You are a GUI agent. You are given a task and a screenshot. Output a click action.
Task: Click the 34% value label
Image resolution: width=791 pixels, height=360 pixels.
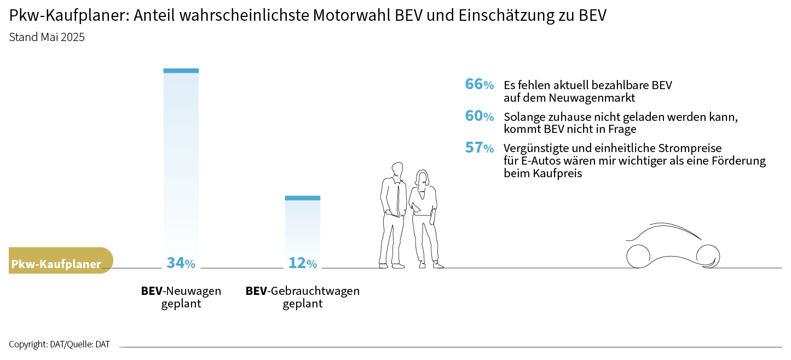[181, 263]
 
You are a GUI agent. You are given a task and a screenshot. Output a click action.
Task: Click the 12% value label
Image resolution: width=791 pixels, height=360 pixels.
[303, 263]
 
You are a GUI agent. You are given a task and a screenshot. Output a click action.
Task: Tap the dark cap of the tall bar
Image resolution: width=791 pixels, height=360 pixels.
[181, 71]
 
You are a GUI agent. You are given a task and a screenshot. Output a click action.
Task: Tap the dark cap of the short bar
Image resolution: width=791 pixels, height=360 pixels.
[303, 198]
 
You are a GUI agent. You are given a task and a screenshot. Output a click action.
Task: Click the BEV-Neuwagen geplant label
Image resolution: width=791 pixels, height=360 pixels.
[181, 297]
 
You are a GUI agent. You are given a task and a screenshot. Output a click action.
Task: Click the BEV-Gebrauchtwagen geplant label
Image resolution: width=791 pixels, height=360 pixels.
[303, 297]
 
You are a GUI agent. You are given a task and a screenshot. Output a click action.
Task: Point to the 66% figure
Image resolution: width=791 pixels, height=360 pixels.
[479, 85]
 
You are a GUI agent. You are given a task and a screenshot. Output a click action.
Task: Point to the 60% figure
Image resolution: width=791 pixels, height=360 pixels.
[479, 117]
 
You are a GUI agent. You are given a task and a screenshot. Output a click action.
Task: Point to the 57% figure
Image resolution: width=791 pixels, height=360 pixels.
[479, 148]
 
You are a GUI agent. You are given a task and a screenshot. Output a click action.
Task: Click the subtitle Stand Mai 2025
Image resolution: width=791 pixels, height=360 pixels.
[47, 38]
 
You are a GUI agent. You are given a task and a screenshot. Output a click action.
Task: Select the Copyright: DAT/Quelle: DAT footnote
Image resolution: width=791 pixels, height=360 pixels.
[59, 345]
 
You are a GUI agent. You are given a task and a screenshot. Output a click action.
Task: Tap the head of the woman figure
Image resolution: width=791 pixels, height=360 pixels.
[422, 177]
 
